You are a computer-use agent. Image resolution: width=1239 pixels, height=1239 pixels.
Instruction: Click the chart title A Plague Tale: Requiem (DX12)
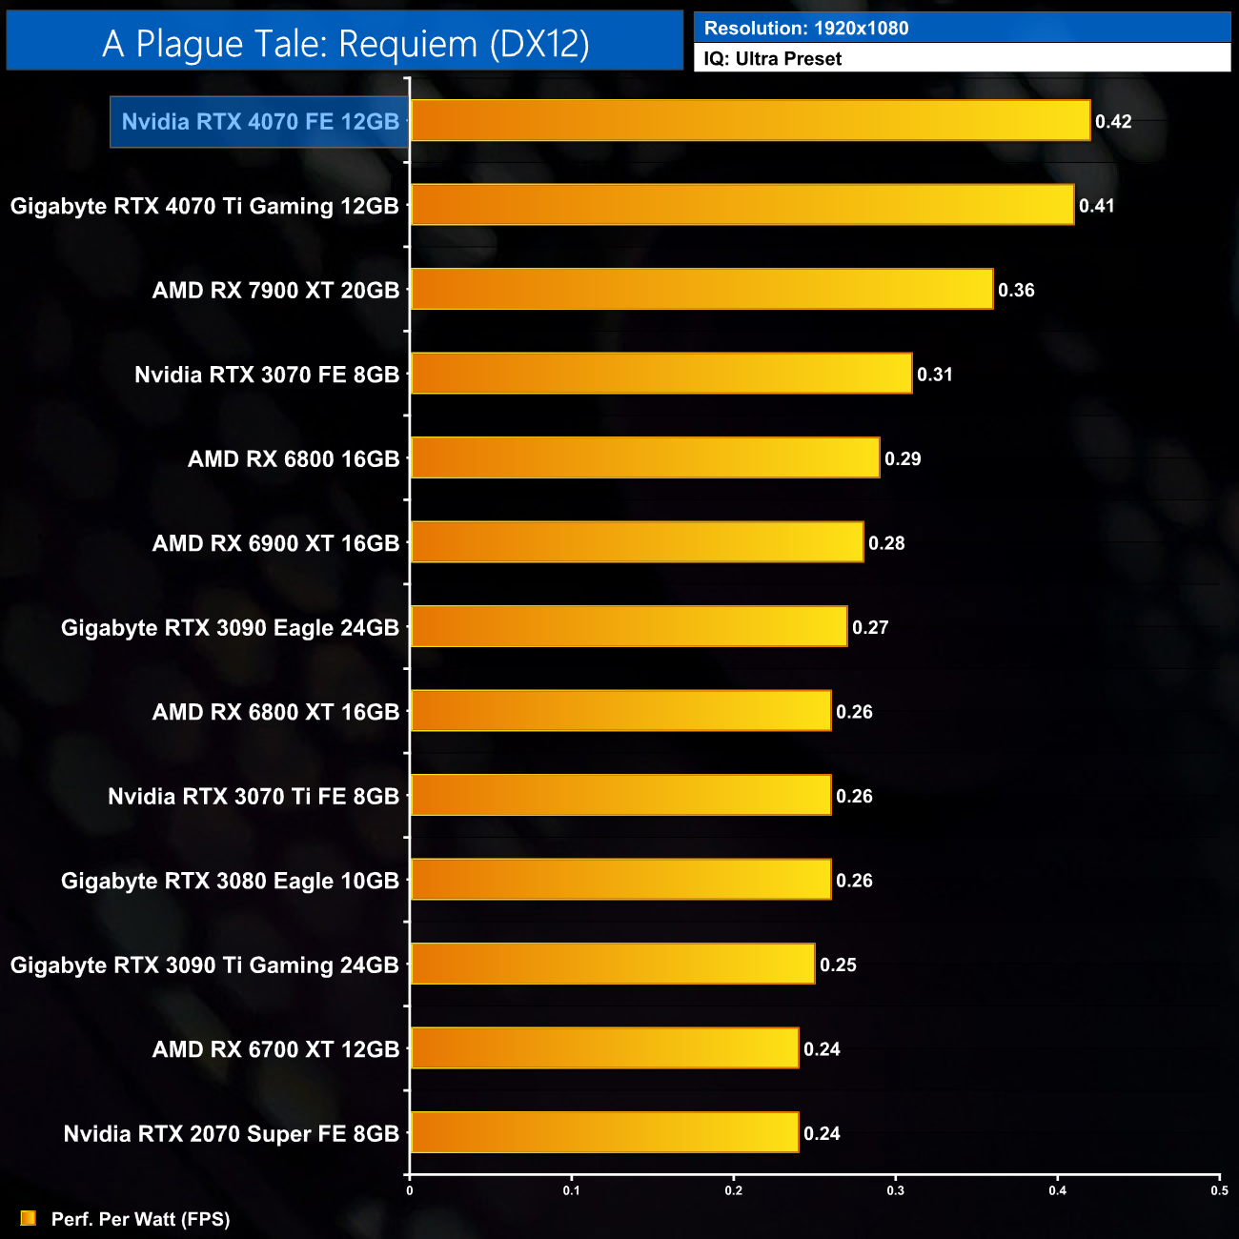[345, 44]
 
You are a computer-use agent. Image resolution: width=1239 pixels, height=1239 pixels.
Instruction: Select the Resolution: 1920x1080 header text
[806, 29]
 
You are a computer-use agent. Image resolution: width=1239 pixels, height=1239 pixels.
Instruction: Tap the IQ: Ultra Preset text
[773, 59]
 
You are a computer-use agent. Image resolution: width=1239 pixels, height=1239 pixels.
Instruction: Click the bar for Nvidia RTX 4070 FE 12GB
[750, 121]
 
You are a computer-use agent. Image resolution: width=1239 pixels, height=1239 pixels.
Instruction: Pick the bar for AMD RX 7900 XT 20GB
[701, 290]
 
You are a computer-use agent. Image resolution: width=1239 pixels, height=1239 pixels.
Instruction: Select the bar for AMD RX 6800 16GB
[645, 458]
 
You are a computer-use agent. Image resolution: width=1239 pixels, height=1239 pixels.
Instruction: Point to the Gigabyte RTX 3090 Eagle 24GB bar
[629, 627]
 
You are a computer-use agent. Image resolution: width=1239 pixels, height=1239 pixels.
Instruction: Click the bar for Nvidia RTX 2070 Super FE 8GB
[604, 1133]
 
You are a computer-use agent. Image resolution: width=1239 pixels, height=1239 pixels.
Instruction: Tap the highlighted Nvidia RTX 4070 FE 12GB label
[260, 122]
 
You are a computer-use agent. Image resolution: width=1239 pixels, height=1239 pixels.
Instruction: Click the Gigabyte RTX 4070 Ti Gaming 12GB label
[205, 206]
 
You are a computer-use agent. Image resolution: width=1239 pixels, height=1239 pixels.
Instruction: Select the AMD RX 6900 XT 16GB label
[275, 543]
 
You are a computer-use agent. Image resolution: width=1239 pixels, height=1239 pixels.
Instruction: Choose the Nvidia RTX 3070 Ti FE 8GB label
[254, 797]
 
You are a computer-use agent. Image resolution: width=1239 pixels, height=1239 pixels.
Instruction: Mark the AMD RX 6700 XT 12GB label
[275, 1049]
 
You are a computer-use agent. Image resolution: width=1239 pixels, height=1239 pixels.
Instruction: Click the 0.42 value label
[1113, 122]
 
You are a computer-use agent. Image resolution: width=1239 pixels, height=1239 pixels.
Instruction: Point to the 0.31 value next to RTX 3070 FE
[935, 375]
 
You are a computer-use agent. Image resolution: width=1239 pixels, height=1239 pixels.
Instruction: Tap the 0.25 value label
[838, 965]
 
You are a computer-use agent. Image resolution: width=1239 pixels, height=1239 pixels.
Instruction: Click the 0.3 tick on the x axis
[896, 1190]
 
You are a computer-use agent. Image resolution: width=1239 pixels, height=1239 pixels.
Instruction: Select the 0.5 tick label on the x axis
[1219, 1190]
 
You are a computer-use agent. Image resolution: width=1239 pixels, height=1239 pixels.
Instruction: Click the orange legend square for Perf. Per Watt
[29, 1219]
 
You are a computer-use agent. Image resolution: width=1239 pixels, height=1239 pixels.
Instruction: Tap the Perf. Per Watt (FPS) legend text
[141, 1220]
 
